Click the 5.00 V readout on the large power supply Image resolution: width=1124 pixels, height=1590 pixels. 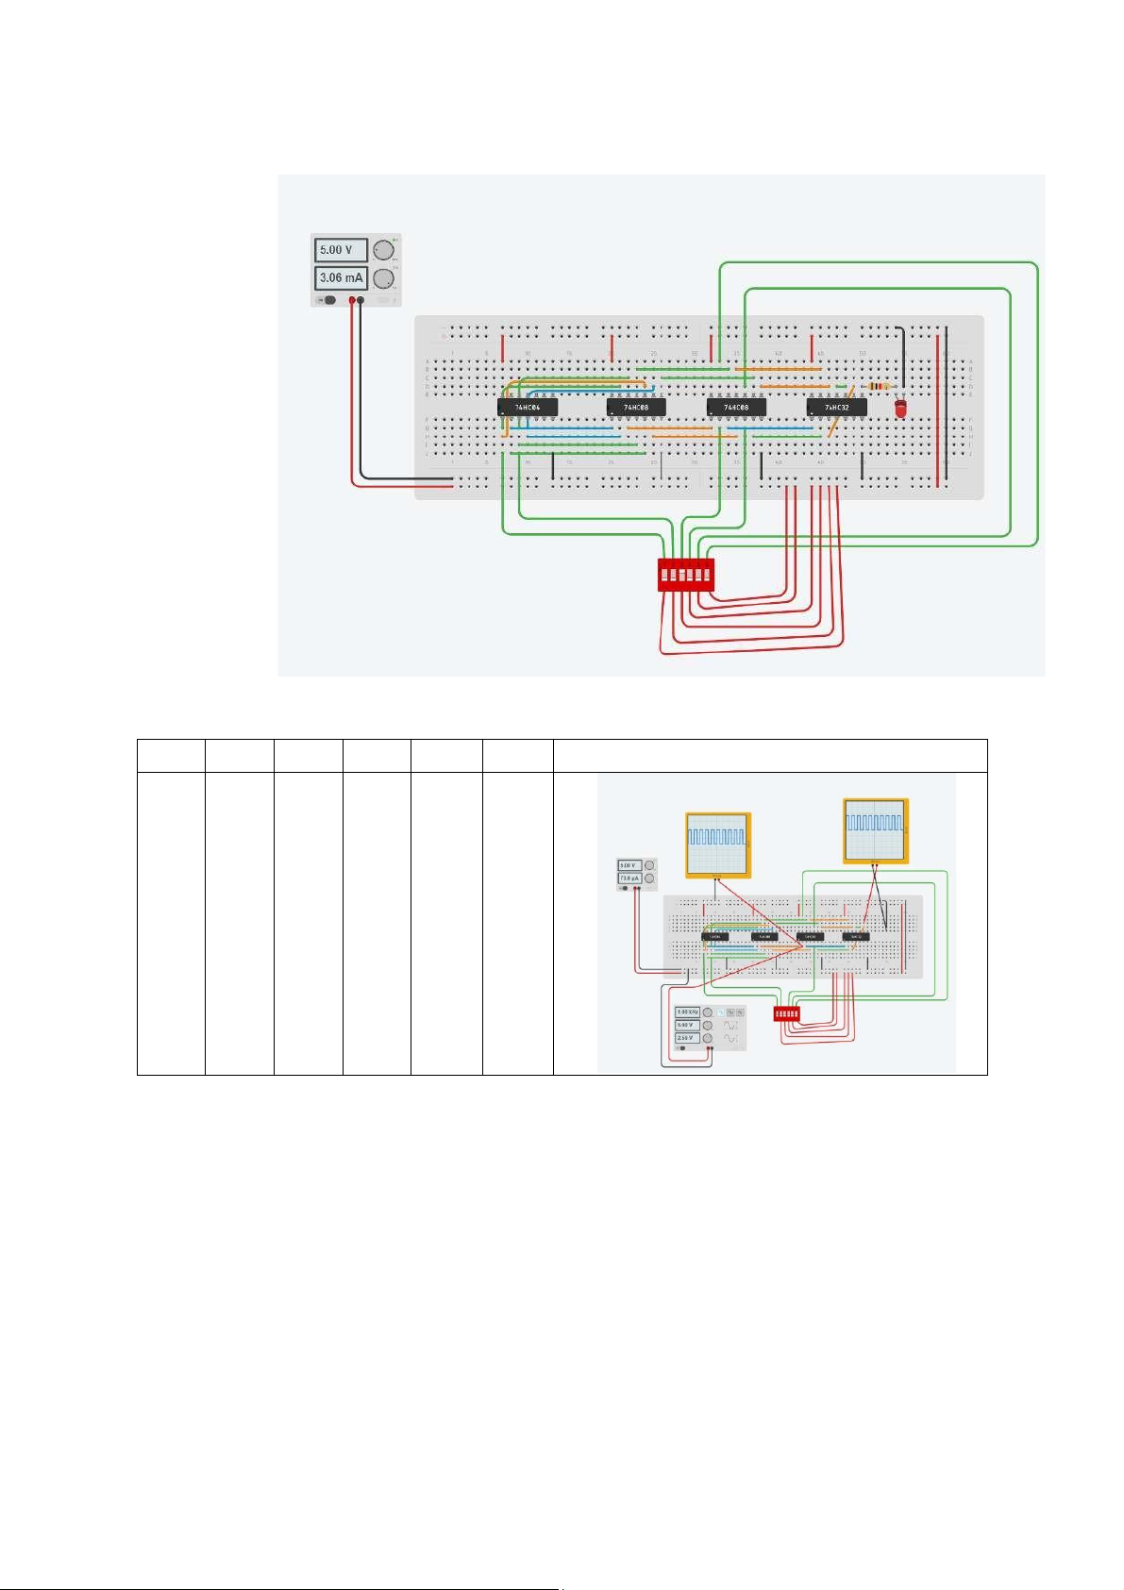[341, 250]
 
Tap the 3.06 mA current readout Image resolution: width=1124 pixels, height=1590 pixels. [341, 278]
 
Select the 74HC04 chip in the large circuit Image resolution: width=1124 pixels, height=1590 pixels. [527, 408]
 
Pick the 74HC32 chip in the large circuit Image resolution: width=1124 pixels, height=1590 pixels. [836, 408]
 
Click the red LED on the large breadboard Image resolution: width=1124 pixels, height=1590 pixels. [900, 409]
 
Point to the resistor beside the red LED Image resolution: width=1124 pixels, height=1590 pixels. [879, 386]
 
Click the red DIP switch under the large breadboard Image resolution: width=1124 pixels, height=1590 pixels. [686, 574]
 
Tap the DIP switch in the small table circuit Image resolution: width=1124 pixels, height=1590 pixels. [786, 1013]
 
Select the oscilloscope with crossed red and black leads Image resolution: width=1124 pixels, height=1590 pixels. [875, 830]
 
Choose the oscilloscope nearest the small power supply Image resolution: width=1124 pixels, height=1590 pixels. [717, 844]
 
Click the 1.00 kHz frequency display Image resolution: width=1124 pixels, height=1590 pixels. [687, 1012]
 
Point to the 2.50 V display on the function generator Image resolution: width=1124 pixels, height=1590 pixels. [687, 1038]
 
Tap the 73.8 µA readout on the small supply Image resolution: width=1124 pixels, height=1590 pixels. [629, 878]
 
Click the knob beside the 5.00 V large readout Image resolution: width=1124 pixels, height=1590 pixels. [382, 250]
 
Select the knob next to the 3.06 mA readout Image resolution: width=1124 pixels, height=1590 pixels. [382, 278]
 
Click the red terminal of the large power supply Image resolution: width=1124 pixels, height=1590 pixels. [352, 300]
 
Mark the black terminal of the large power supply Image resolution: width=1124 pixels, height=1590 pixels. [361, 300]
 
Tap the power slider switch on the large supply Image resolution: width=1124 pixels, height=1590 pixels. [327, 300]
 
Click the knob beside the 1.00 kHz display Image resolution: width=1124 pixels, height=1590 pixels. [708, 1013]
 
